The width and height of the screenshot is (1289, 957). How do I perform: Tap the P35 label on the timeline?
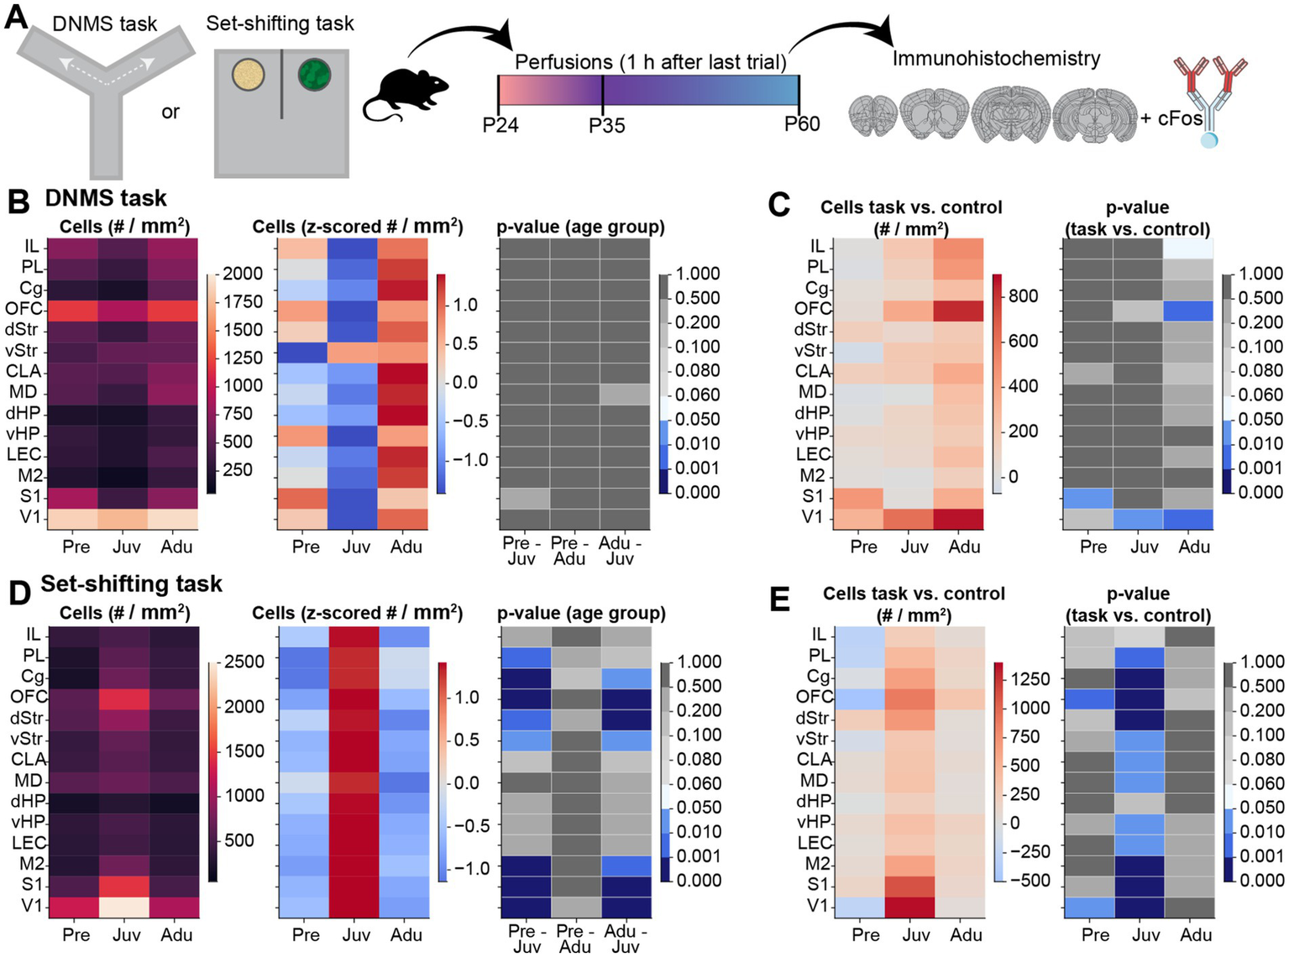pyautogui.click(x=606, y=126)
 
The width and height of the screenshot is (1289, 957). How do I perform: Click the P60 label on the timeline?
pyautogui.click(x=801, y=124)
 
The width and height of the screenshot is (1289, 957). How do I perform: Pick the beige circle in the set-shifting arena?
pyautogui.click(x=249, y=75)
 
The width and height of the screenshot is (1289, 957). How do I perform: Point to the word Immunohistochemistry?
pyautogui.click(x=996, y=59)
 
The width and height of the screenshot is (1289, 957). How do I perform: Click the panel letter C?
pyautogui.click(x=778, y=205)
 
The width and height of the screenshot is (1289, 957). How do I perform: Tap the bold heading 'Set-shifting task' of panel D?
pyautogui.click(x=132, y=584)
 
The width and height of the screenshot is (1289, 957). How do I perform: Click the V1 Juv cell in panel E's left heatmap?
pyautogui.click(x=915, y=907)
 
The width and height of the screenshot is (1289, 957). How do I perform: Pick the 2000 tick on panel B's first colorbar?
pyautogui.click(x=242, y=274)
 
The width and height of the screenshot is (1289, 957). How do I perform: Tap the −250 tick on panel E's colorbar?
pyautogui.click(x=1029, y=851)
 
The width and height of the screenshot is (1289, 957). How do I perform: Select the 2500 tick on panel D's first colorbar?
pyautogui.click(x=244, y=662)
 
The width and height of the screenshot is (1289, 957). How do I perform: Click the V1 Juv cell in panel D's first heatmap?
pyautogui.click(x=126, y=907)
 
